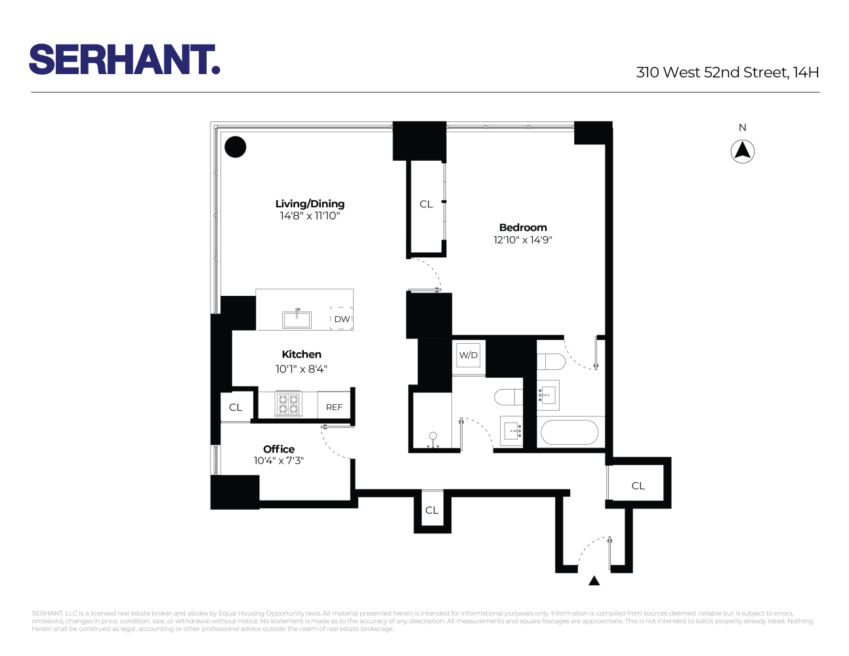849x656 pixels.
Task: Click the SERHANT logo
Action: tap(124, 60)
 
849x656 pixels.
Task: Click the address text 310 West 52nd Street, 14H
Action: tap(727, 73)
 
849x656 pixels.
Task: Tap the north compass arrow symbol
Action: tap(742, 152)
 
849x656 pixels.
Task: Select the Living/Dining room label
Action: tap(310, 204)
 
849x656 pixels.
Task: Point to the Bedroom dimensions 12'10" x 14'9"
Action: tap(523, 240)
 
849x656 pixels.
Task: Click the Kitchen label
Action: tap(301, 354)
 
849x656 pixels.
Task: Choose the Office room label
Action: tap(279, 449)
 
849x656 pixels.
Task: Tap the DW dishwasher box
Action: tap(341, 319)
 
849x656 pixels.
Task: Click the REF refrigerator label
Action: tap(334, 407)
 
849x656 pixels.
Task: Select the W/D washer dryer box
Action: tap(468, 356)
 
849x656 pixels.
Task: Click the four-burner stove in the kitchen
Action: tap(288, 404)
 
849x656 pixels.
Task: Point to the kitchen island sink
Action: tap(297, 319)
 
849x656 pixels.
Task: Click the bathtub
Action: tap(569, 433)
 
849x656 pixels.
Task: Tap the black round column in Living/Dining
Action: tap(236, 147)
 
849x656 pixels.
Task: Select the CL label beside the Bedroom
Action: tap(426, 205)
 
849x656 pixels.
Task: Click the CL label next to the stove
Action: tap(236, 407)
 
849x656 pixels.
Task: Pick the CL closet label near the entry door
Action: tap(638, 486)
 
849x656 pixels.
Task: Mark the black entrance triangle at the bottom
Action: tap(594, 581)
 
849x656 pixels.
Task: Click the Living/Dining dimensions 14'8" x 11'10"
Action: tap(310, 216)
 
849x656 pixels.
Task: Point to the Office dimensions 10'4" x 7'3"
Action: tap(279, 461)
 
